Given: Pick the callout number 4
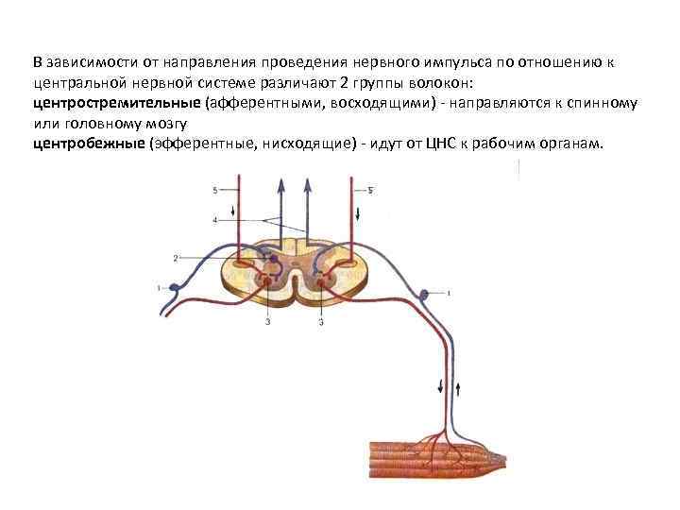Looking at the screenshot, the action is pyautogui.click(x=215, y=220).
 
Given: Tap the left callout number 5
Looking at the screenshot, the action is pyautogui.click(x=215, y=191).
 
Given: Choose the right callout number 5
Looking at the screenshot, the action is pyautogui.click(x=370, y=191).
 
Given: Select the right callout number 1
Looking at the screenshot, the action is pyautogui.click(x=448, y=294).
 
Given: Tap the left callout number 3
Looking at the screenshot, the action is pyautogui.click(x=267, y=323).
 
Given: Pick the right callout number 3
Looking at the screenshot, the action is pyautogui.click(x=321, y=323).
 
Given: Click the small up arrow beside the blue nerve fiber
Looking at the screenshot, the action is pyautogui.click(x=459, y=387).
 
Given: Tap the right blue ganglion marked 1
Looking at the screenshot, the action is pyautogui.click(x=425, y=294).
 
